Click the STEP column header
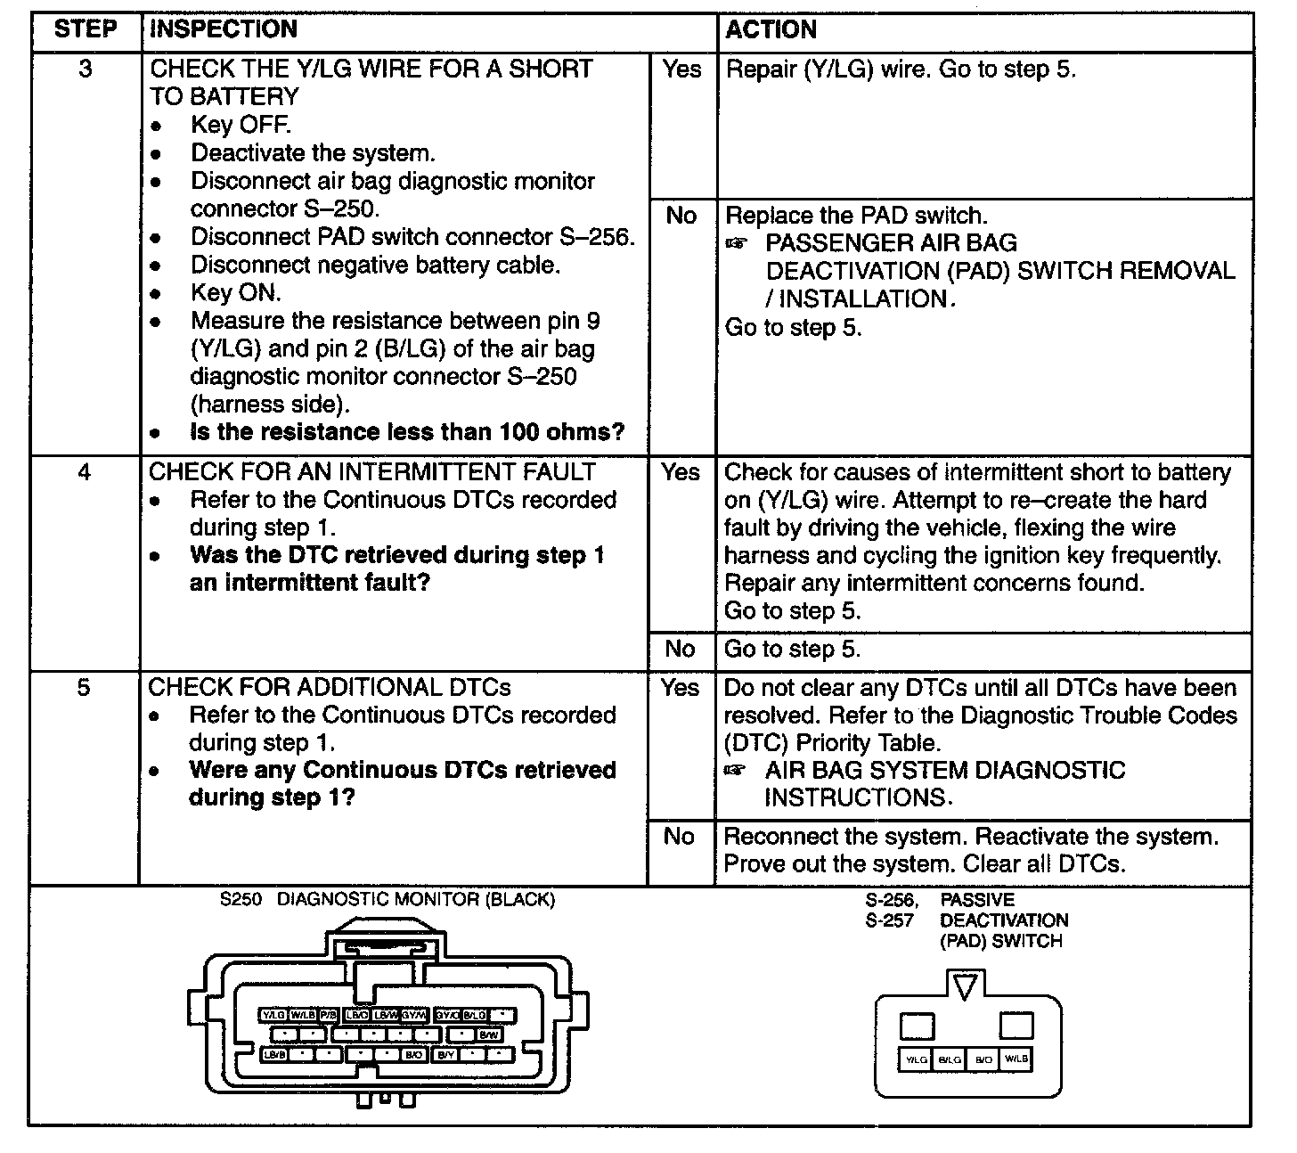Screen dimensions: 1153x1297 click(86, 29)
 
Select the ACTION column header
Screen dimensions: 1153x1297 click(771, 29)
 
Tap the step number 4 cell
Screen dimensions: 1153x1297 click(85, 471)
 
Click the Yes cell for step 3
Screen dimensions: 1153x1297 click(681, 70)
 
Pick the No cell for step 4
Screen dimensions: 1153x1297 click(681, 649)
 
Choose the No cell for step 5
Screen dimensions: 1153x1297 click(680, 836)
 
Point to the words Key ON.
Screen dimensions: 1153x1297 click(236, 292)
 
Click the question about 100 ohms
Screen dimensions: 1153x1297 click(407, 432)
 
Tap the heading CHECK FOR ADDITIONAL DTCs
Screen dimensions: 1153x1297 click(330, 688)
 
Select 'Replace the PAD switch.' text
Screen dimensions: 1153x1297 click(856, 216)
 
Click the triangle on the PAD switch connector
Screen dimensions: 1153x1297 click(966, 986)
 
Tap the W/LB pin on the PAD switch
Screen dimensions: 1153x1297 click(1016, 1059)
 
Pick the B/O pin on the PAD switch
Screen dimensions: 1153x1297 click(983, 1060)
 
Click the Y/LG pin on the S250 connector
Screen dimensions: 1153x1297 click(273, 1015)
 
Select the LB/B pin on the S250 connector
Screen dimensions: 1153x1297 click(273, 1055)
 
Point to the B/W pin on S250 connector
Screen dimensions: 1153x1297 click(489, 1035)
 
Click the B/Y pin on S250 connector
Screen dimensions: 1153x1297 click(445, 1055)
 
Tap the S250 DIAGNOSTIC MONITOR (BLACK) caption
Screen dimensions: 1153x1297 click(387, 900)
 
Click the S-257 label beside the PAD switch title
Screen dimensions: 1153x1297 click(890, 921)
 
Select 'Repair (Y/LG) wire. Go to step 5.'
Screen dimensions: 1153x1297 click(901, 70)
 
